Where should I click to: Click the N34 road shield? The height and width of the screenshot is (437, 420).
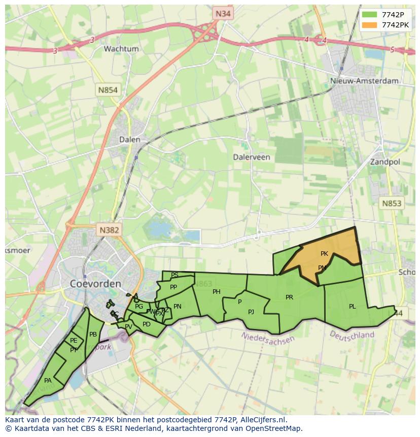pyautogui.click(x=223, y=14)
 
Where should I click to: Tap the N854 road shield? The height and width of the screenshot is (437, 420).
pyautogui.click(x=108, y=90)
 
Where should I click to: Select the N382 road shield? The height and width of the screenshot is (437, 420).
pyautogui.click(x=109, y=230)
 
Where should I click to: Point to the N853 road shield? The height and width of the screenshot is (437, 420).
pyautogui.click(x=391, y=203)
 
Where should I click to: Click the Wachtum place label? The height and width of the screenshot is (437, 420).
pyautogui.click(x=121, y=49)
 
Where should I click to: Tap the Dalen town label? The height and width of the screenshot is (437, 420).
pyautogui.click(x=129, y=139)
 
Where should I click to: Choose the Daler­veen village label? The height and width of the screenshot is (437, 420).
pyautogui.click(x=252, y=157)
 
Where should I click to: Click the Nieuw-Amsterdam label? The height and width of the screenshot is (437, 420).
pyautogui.click(x=364, y=81)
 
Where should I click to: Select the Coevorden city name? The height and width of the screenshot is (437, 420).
pyautogui.click(x=95, y=283)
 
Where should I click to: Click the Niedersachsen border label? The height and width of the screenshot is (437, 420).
pyautogui.click(x=268, y=337)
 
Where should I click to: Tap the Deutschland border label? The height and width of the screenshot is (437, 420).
pyautogui.click(x=352, y=334)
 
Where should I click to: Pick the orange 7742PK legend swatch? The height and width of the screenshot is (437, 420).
pyautogui.click(x=370, y=25)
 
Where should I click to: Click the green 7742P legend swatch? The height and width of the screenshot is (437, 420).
pyautogui.click(x=370, y=14)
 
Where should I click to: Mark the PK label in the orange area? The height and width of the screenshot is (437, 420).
pyautogui.click(x=325, y=253)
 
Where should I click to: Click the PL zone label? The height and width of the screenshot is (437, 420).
pyautogui.click(x=353, y=306)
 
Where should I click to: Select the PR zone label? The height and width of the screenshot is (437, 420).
pyautogui.click(x=289, y=297)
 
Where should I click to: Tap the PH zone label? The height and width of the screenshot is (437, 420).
pyautogui.click(x=217, y=291)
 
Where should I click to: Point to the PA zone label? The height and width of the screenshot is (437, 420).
pyautogui.click(x=48, y=380)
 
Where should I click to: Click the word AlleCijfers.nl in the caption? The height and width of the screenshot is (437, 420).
pyautogui.click(x=263, y=420)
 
